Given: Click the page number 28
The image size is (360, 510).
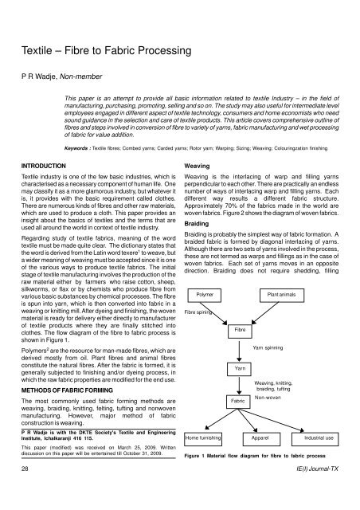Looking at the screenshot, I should tap(26, 493).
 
